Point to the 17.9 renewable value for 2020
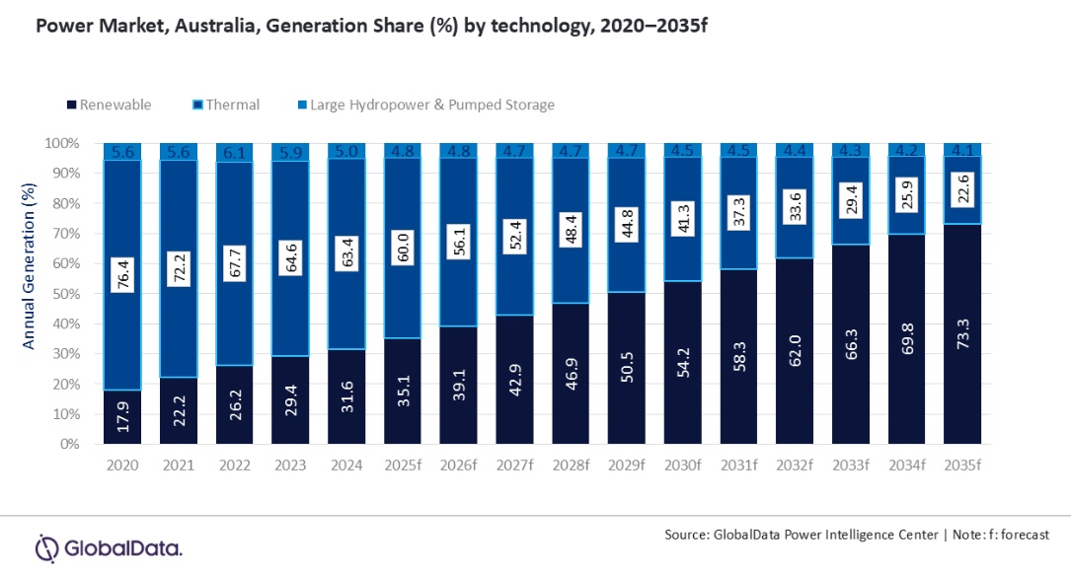pyautogui.click(x=123, y=418)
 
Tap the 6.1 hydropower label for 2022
pyautogui.click(x=235, y=152)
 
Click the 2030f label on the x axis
pyautogui.click(x=682, y=465)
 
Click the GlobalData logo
pyautogui.click(x=109, y=546)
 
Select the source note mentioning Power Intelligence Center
pyautogui.click(x=855, y=534)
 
